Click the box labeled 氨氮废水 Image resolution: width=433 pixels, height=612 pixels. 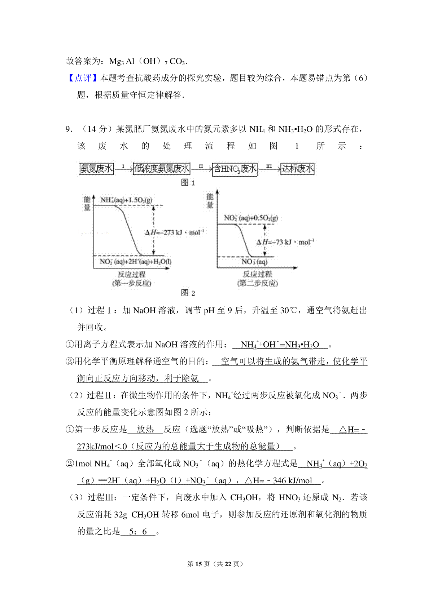coord(96,169)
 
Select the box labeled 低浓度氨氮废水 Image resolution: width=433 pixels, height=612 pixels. coord(161,169)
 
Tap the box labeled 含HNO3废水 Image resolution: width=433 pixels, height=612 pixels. coord(235,169)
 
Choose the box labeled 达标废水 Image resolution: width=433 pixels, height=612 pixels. coord(297,169)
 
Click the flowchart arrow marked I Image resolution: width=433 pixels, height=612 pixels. coord(123,168)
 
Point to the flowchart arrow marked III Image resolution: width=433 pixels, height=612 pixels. coord(269,168)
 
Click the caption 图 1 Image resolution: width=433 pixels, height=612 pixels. coord(188,183)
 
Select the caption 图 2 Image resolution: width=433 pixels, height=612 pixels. coord(188,293)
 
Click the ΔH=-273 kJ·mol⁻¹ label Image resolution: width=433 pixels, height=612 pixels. coord(175,232)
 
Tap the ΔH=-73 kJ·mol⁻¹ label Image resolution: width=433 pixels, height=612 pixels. coord(285,242)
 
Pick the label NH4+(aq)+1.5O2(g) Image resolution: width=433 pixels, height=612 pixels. coord(126,200)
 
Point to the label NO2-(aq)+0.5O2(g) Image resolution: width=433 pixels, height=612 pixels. coord(251,218)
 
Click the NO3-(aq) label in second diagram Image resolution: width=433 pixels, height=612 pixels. coord(254,262)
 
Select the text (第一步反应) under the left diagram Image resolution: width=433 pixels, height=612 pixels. coord(132,283)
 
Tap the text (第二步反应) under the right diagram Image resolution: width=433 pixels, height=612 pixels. coord(257,283)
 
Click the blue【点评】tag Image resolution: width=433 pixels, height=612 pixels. coord(83,78)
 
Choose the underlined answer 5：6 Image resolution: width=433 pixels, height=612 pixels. coord(138,532)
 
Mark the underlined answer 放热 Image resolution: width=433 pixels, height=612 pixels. coord(145,429)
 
